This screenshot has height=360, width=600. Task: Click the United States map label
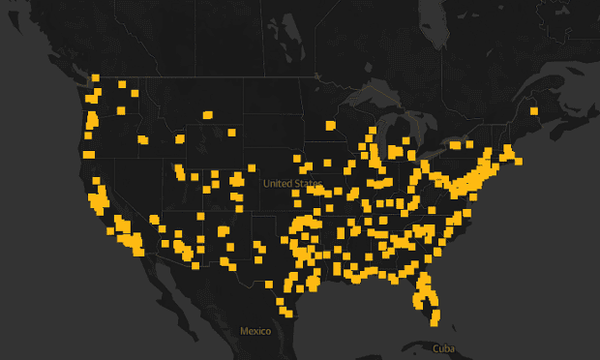pyautogui.click(x=292, y=183)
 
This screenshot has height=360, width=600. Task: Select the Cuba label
pyautogui.click(x=443, y=348)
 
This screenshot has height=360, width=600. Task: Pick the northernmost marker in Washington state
pyautogui.click(x=96, y=78)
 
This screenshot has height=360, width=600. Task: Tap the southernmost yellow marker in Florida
pyautogui.click(x=435, y=318)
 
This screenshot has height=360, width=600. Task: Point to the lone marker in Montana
pyautogui.click(x=207, y=115)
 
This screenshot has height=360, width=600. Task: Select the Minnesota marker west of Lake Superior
pyautogui.click(x=331, y=125)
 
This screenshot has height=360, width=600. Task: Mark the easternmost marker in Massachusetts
pyautogui.click(x=519, y=161)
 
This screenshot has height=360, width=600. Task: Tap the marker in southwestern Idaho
pyautogui.click(x=143, y=140)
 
